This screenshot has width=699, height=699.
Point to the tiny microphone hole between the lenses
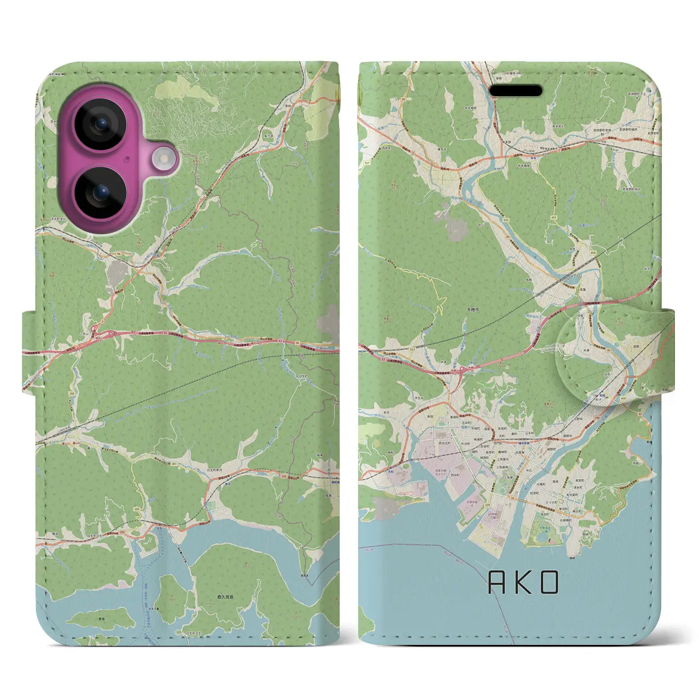tap(127, 159)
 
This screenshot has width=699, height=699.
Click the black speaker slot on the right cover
tap(515, 91)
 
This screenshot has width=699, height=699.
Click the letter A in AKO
tap(496, 583)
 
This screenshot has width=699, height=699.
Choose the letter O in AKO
tap(550, 583)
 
